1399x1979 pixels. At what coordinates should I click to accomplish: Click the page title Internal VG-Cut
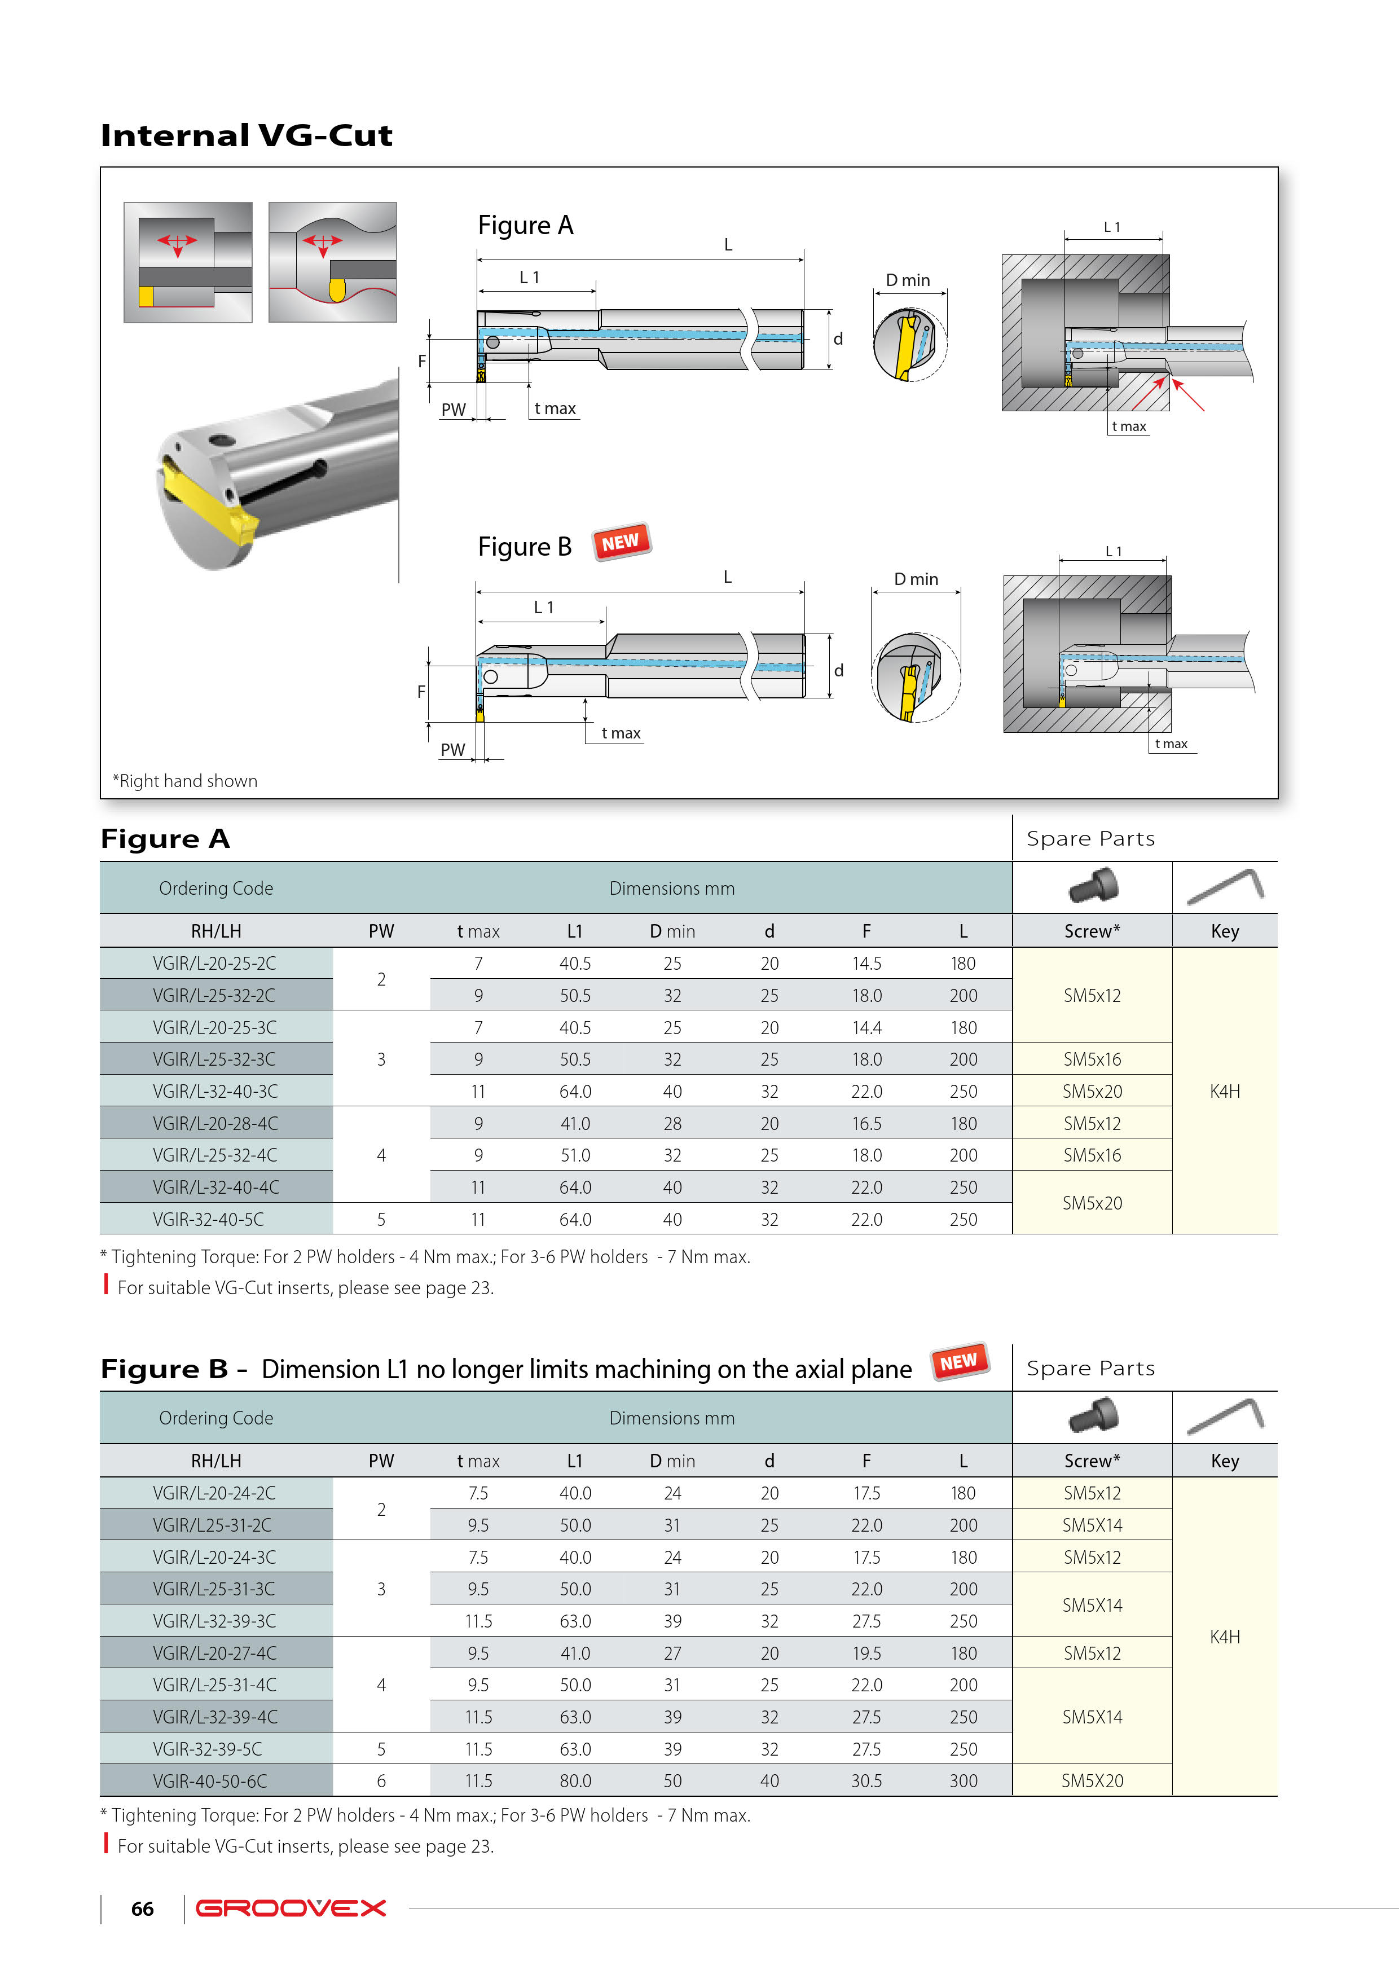tap(247, 135)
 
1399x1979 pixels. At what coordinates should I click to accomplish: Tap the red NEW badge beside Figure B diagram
tap(621, 542)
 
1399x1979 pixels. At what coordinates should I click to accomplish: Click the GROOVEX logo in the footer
tap(291, 1908)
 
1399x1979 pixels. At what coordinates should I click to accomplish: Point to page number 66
tap(142, 1909)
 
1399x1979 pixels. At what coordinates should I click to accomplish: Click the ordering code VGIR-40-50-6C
tap(210, 1781)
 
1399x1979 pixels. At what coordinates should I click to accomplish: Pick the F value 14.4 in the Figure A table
tap(866, 1027)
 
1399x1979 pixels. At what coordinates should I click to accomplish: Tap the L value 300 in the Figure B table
tap(963, 1781)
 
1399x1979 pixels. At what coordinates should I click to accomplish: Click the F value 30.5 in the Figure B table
tap(866, 1781)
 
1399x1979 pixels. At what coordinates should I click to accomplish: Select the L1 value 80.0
tap(575, 1781)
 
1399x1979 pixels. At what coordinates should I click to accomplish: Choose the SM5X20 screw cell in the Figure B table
tap(1092, 1781)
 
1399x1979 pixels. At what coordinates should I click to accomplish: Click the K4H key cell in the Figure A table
tap(1224, 1091)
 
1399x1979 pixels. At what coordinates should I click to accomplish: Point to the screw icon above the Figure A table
tap(1093, 885)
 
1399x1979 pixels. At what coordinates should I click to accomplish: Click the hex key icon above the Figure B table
tap(1225, 1416)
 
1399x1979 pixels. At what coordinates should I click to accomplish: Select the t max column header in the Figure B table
tap(478, 1461)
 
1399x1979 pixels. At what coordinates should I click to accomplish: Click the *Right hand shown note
tap(186, 781)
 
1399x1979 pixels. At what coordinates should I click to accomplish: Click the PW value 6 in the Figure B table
tap(381, 1781)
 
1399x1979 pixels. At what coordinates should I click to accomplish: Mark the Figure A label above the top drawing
tap(525, 226)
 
